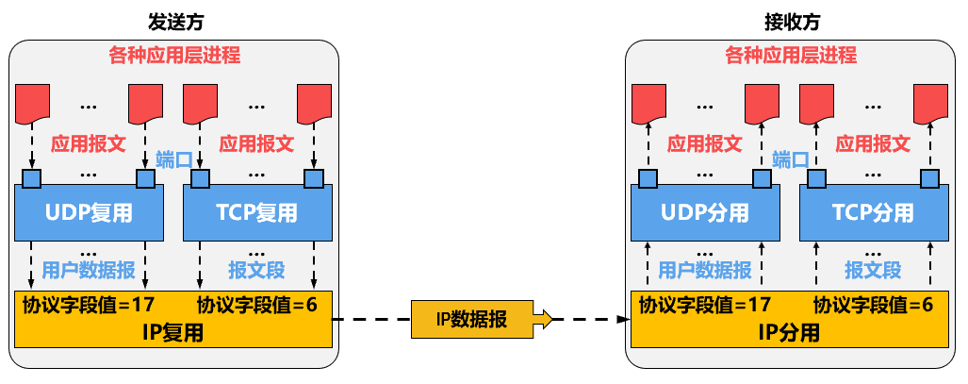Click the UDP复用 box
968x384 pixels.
point(89,212)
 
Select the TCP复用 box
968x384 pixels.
point(257,212)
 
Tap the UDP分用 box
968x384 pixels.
point(705,212)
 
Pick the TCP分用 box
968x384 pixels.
point(874,212)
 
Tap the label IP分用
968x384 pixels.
point(789,332)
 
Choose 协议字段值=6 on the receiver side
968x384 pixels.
point(873,304)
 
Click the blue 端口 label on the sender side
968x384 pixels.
point(173,159)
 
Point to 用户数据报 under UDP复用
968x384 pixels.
point(89,270)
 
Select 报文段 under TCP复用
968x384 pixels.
point(256,270)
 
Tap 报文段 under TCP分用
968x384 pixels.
point(873,270)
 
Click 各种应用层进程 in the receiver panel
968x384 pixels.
point(791,55)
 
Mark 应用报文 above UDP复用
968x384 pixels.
point(88,143)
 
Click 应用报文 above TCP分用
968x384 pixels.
point(874,143)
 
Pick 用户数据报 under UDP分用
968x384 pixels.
point(705,270)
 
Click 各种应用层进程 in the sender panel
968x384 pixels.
point(174,55)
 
